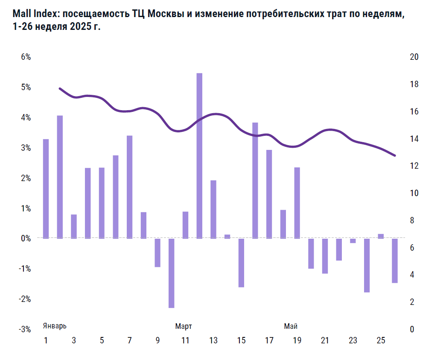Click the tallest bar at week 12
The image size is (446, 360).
coord(199,155)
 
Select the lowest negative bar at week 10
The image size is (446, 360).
coord(172,273)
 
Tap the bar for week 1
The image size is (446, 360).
coord(46,189)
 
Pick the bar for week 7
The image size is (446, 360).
coord(130,187)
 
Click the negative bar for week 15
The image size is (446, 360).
coord(241,263)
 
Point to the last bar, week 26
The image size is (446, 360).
coord(395,260)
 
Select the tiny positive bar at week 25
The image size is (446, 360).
coord(381,236)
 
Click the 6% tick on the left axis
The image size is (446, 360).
coord(26,57)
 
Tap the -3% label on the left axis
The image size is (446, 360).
coord(25,329)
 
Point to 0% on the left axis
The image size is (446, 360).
coord(26,239)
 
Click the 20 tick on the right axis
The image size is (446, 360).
coord(414,57)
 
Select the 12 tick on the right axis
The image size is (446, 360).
coord(414,166)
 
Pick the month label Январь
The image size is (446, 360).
coord(55,326)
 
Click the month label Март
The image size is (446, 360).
coord(184,326)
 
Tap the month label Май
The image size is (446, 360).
coord(291,326)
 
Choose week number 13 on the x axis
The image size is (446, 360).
coord(213,341)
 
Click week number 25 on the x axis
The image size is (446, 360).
coord(381,341)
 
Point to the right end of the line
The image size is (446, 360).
coord(395,155)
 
